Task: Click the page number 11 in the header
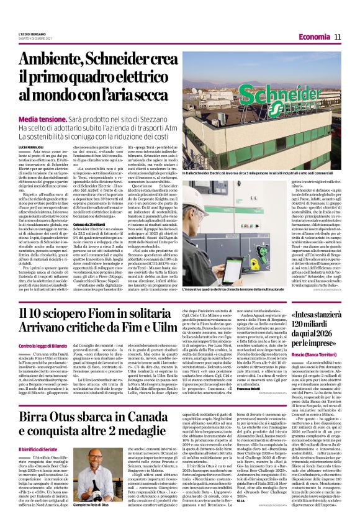(338, 37)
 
